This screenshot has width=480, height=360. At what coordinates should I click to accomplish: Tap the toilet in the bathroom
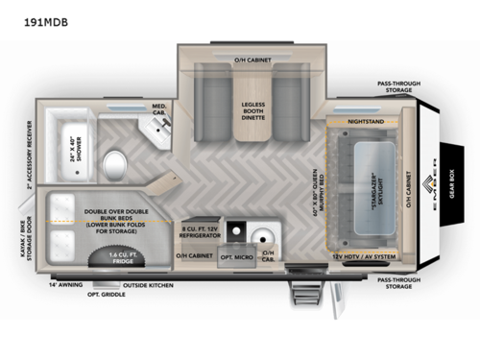(112, 157)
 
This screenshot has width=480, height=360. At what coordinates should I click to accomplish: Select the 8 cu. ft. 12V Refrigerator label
(202, 230)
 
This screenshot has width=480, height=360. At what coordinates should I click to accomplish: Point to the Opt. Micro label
(235, 256)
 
